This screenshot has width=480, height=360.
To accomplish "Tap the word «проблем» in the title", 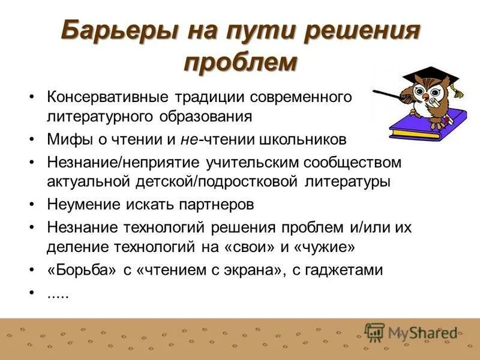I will point(240,61).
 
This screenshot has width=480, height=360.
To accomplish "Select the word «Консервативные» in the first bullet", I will point(107,97).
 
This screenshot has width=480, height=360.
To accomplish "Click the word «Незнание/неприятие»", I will point(126,163).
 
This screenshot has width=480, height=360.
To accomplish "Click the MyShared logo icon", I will point(375,332).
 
